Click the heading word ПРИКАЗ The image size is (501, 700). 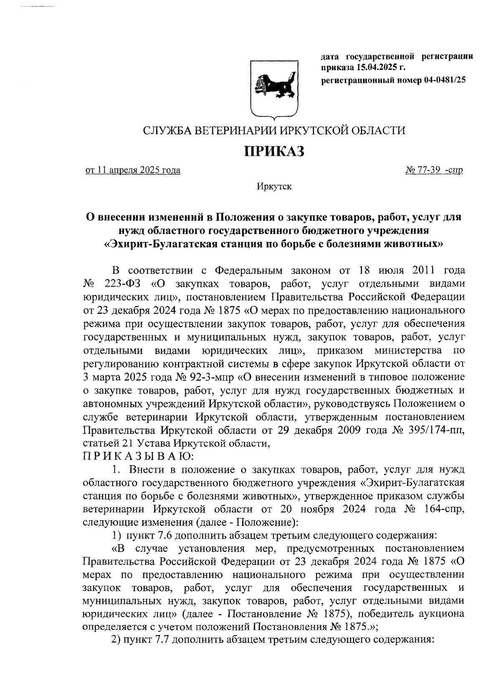(274, 151)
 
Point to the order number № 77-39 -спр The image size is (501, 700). (434, 171)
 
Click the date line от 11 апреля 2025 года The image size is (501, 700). (133, 171)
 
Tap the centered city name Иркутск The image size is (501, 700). (274, 186)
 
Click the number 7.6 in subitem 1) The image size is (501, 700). (165, 536)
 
